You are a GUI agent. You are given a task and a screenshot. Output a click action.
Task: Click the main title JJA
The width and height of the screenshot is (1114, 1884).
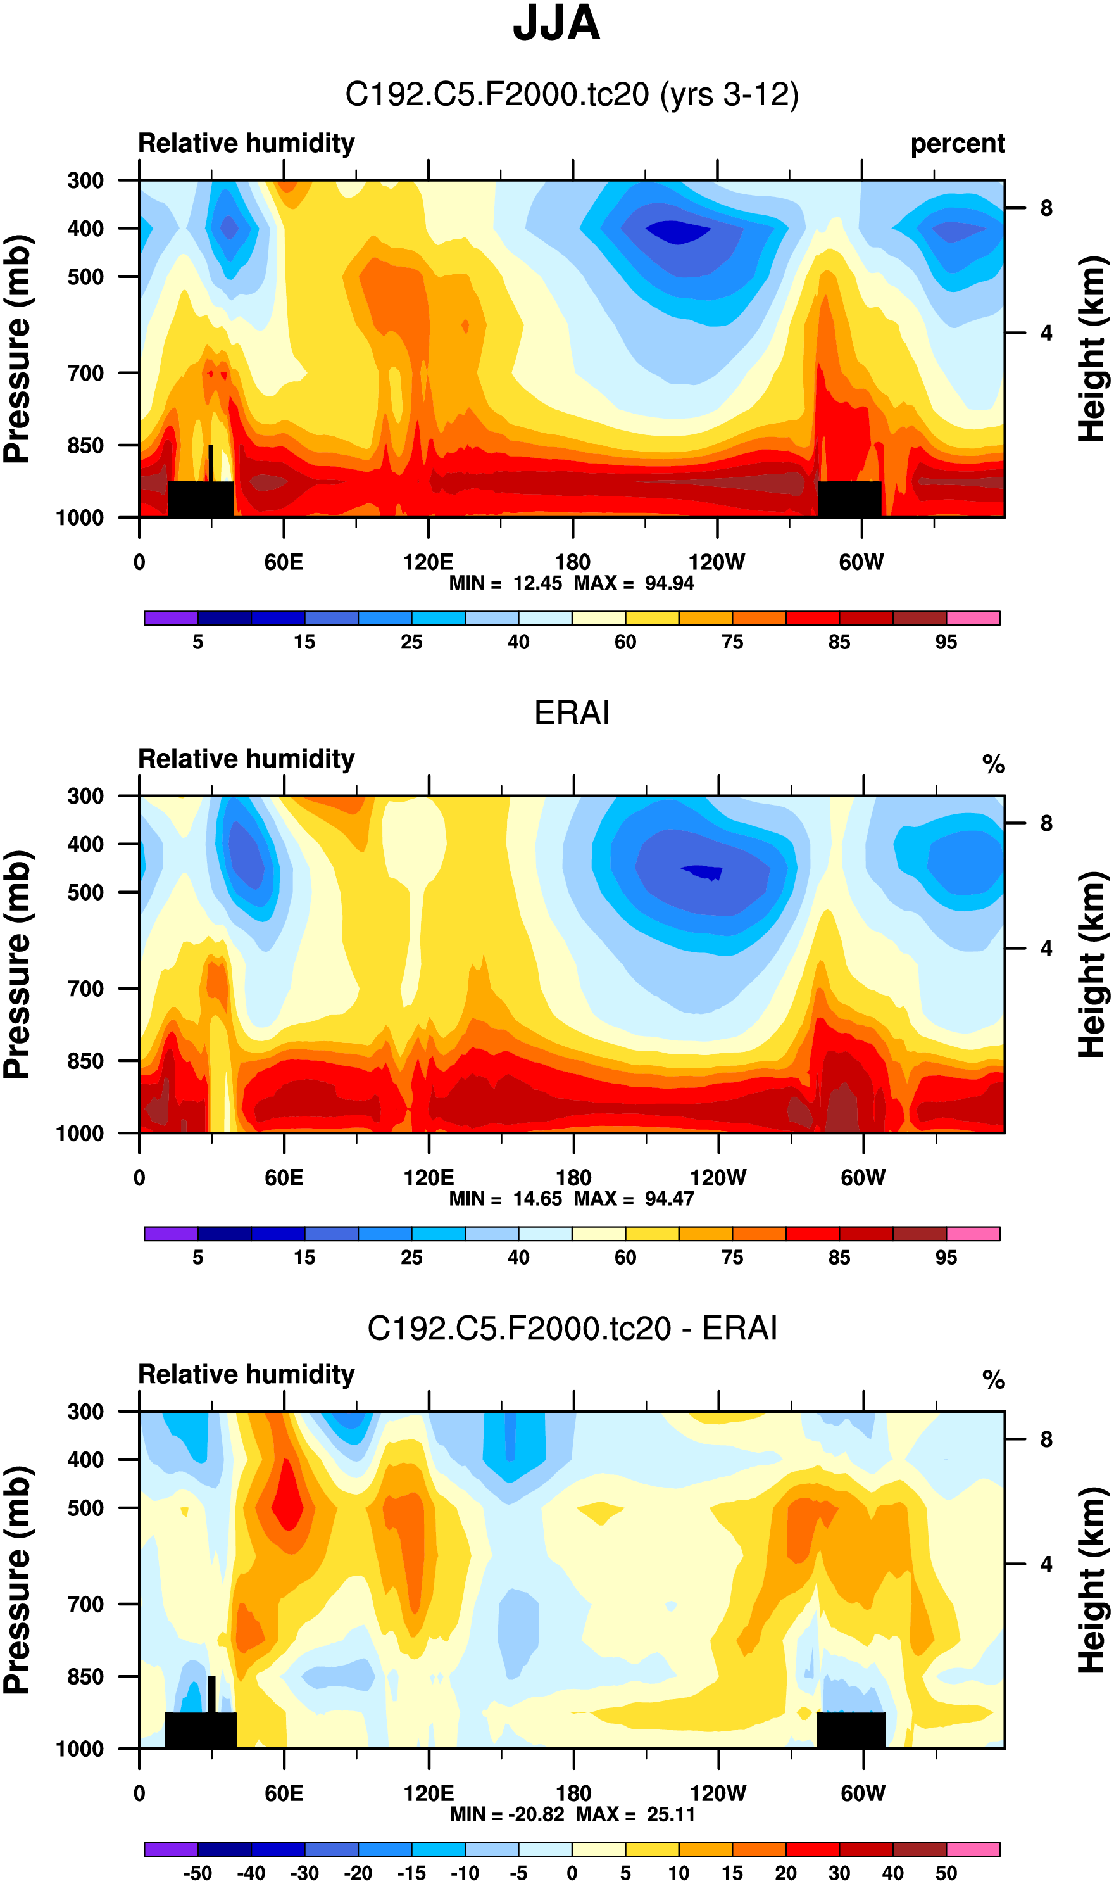(556, 24)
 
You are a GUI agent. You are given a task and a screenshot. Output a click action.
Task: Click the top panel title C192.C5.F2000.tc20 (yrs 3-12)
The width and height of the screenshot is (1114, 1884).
(572, 94)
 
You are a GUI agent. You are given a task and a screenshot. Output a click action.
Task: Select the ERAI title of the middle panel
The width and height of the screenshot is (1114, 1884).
(572, 712)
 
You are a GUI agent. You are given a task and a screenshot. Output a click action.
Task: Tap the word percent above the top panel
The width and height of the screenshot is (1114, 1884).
(957, 143)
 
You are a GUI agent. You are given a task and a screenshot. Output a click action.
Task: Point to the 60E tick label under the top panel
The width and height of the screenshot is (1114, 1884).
(284, 562)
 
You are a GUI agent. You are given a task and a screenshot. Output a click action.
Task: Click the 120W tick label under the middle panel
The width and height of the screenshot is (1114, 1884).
(718, 1177)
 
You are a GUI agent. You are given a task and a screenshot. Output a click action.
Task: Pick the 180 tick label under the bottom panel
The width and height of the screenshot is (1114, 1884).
(573, 1793)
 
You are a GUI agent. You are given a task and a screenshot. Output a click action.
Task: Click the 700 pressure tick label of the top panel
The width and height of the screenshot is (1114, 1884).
(85, 373)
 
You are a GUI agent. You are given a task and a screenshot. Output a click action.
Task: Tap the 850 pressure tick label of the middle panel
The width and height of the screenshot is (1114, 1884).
(85, 1061)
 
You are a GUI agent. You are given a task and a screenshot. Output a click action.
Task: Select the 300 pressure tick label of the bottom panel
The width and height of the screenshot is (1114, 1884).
(85, 1412)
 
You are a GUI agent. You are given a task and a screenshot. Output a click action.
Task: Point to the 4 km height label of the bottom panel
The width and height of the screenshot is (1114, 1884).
(1046, 1564)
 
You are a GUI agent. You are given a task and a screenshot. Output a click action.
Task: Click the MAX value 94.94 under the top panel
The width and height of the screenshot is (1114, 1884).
(669, 583)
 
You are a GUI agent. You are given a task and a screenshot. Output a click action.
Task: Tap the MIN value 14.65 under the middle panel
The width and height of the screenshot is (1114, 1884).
(537, 1199)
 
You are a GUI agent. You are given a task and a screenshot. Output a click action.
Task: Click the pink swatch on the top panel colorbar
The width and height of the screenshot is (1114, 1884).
(973, 619)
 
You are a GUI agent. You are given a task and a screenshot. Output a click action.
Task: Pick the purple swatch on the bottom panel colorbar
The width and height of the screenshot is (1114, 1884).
(170, 1849)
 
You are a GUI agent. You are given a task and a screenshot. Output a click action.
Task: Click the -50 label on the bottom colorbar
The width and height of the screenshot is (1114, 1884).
(197, 1873)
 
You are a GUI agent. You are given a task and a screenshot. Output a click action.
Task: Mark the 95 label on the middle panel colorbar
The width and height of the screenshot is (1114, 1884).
(946, 1258)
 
